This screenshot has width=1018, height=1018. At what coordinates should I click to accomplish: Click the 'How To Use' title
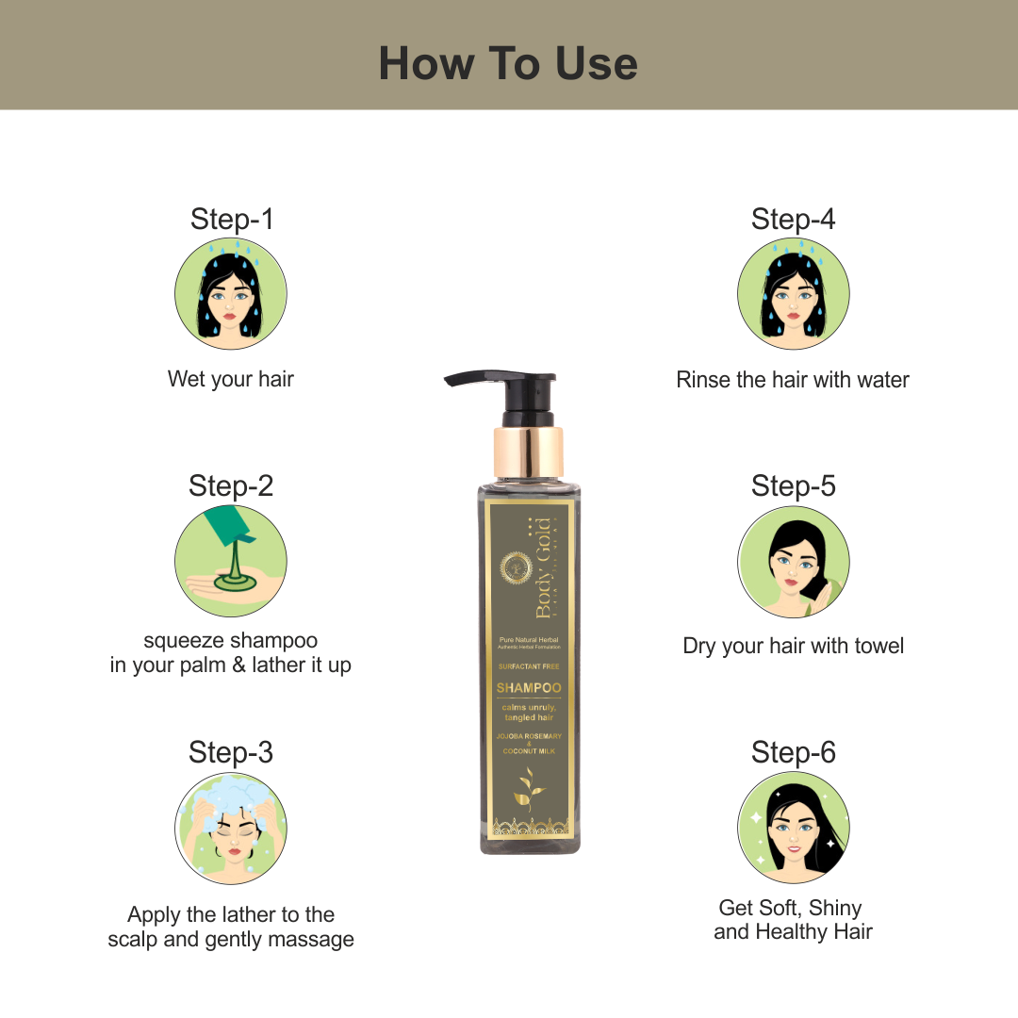pyautogui.click(x=508, y=64)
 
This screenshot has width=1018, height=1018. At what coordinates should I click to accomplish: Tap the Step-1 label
pyautogui.click(x=232, y=220)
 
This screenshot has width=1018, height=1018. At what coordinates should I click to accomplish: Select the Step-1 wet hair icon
pyautogui.click(x=231, y=293)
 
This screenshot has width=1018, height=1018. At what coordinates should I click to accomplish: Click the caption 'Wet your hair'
pyautogui.click(x=231, y=379)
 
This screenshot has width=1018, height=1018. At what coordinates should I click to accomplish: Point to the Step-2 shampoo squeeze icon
pyautogui.click(x=231, y=562)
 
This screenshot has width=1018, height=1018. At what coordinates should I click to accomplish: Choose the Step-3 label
pyautogui.click(x=231, y=752)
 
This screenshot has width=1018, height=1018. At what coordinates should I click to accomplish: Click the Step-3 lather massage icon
pyautogui.click(x=231, y=828)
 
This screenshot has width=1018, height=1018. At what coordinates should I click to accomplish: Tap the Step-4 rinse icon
pyautogui.click(x=793, y=293)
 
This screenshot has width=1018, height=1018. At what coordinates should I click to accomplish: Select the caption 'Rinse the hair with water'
pyautogui.click(x=793, y=380)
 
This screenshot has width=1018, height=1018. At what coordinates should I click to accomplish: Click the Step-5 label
pyautogui.click(x=793, y=486)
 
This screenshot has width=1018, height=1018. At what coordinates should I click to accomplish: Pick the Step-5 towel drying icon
pyautogui.click(x=793, y=562)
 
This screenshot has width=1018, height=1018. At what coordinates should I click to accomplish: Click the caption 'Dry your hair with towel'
pyautogui.click(x=793, y=646)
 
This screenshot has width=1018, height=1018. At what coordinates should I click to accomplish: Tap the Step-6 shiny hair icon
pyautogui.click(x=793, y=828)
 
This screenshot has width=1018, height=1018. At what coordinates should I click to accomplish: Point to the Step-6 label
pyautogui.click(x=793, y=752)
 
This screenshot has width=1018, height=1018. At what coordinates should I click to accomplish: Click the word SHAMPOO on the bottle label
pyautogui.click(x=528, y=688)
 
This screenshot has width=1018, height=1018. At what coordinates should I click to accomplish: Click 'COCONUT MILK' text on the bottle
pyautogui.click(x=528, y=751)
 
